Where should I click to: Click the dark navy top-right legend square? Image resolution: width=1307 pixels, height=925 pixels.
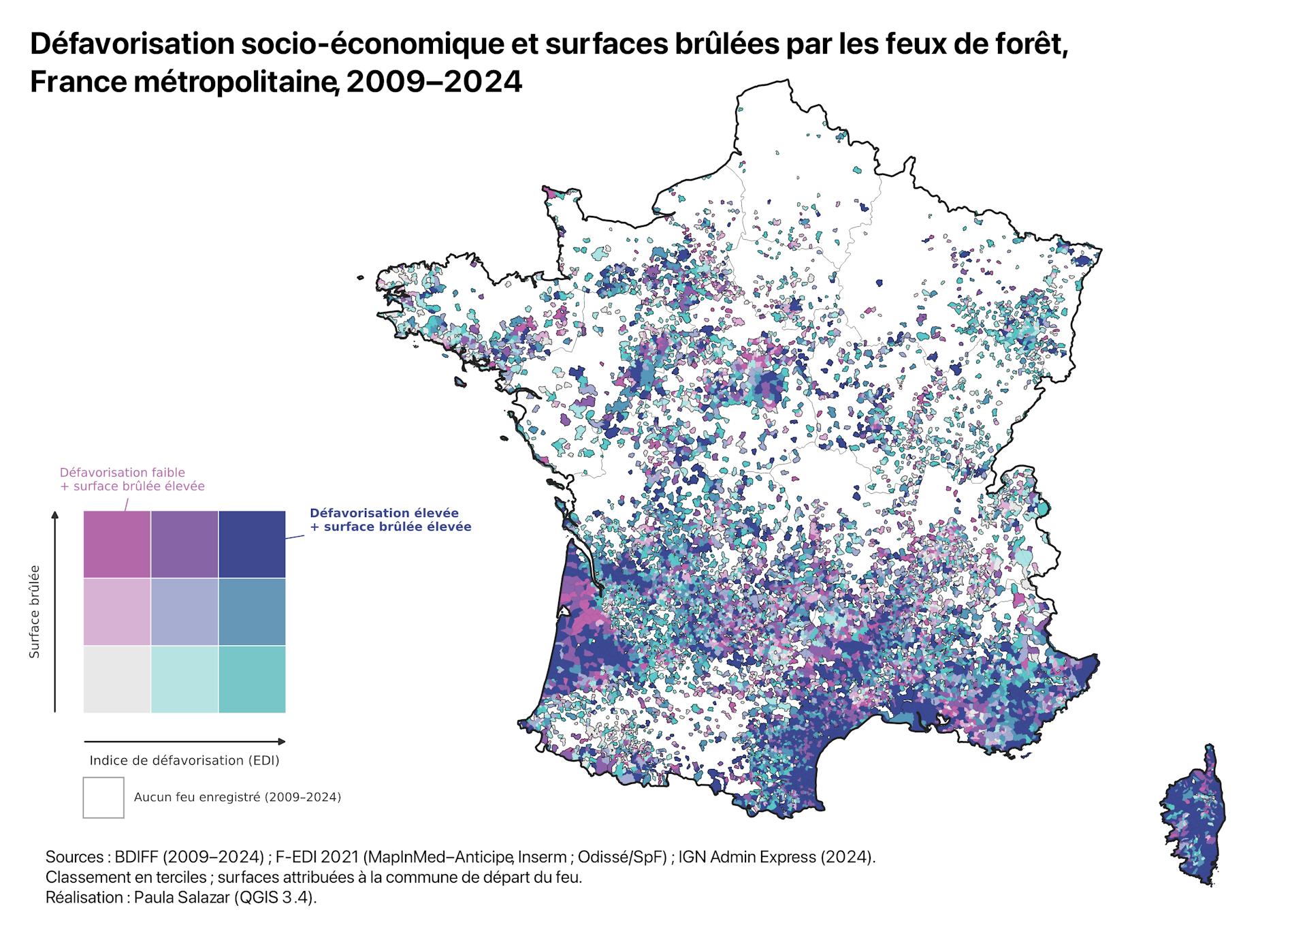[252, 544]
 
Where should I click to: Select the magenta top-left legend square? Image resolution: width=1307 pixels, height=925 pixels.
[117, 544]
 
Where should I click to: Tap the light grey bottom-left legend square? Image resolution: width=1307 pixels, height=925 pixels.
[117, 679]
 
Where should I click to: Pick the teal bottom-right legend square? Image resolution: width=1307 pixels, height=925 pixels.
[252, 679]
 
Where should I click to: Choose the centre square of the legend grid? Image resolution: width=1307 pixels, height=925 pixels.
[184, 612]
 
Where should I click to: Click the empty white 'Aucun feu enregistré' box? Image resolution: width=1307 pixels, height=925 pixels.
[103, 798]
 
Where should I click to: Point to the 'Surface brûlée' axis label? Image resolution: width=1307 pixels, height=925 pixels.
[34, 612]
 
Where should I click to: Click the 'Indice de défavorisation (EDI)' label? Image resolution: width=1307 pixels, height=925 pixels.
[184, 760]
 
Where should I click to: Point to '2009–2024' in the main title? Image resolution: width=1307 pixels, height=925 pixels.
[434, 82]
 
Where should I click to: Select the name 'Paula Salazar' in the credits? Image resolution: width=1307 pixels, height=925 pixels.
[182, 897]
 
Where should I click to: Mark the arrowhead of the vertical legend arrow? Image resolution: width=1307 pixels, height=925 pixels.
[55, 514]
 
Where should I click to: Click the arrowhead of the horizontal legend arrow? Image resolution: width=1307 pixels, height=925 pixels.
[282, 741]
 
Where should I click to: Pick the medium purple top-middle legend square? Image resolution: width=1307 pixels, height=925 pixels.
[184, 544]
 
